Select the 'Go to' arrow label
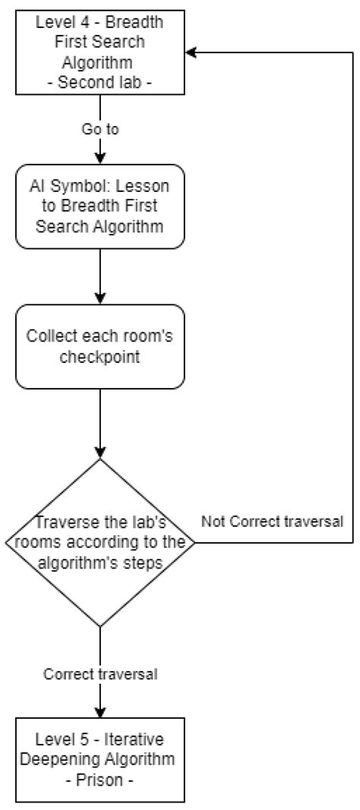click(100, 129)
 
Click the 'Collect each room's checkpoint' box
click(100, 346)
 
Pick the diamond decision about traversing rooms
click(100, 542)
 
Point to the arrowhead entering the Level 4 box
click(192, 52)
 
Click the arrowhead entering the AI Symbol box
click(100, 159)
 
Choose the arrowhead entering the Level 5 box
click(100, 712)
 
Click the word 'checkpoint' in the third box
click(100, 356)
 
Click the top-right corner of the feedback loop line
click(354, 52)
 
